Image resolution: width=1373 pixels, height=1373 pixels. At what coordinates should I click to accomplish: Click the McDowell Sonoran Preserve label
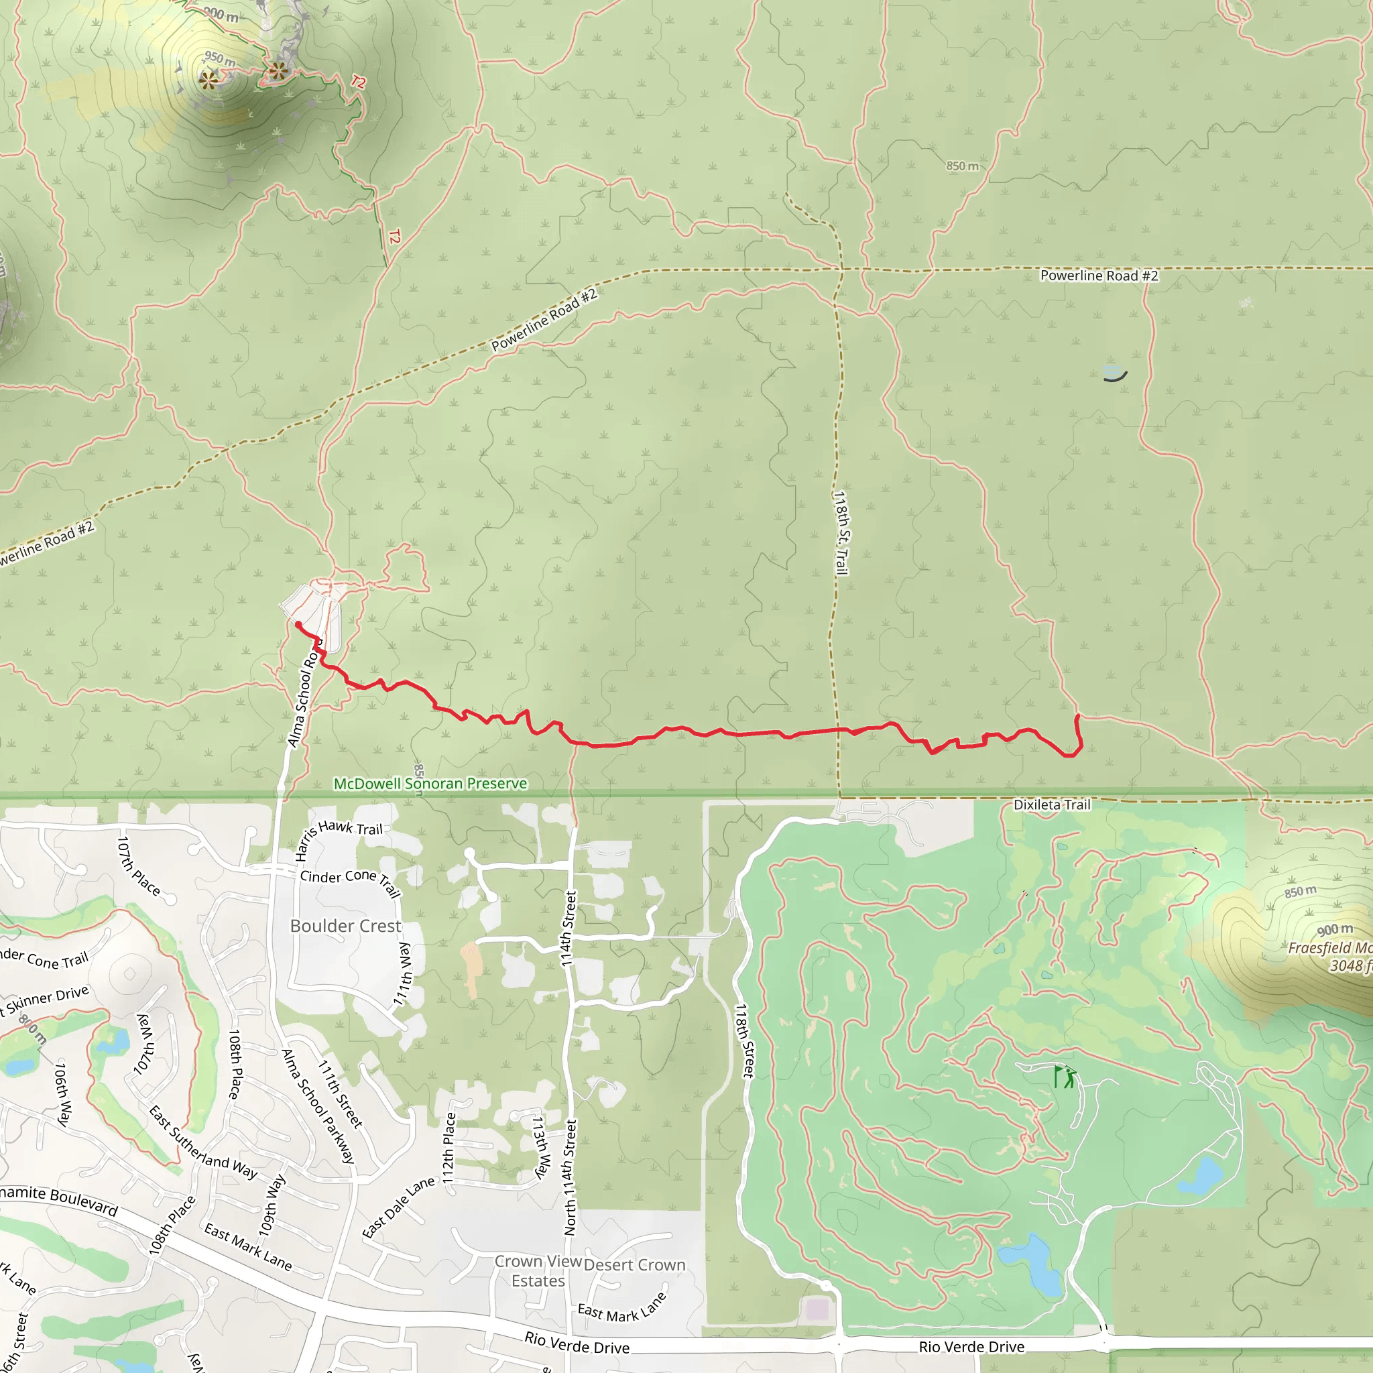pos(430,783)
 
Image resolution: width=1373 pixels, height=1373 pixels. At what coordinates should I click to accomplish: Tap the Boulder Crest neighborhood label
pos(345,926)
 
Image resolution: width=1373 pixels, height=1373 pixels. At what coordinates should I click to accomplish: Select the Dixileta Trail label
pos(1052,804)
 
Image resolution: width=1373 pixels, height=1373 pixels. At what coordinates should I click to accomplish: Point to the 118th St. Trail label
pos(841,533)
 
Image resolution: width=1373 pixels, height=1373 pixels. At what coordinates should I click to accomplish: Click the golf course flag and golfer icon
pos(1065,1077)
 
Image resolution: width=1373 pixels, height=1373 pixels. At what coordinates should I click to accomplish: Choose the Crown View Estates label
pos(538,1271)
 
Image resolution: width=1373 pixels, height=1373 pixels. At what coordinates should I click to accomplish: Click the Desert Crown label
pos(635,1265)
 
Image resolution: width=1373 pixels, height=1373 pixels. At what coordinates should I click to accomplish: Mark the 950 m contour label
pos(220,58)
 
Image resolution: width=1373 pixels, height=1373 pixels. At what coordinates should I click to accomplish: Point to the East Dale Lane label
pos(398,1207)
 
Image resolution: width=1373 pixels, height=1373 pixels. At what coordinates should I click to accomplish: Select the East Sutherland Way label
pos(203,1142)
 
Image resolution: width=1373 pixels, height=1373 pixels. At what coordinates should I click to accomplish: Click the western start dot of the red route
pos(298,625)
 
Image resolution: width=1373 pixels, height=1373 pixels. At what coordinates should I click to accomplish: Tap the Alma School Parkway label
pos(318,1106)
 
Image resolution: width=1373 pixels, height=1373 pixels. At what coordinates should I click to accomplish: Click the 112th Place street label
pos(449,1148)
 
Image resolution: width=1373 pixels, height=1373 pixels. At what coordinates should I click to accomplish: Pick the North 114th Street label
pos(570,1177)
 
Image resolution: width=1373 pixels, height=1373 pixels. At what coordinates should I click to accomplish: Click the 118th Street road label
pos(744,1040)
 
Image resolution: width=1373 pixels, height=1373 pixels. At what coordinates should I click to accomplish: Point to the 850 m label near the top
pos(962,166)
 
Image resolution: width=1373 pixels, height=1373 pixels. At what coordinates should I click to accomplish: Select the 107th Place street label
pos(139,865)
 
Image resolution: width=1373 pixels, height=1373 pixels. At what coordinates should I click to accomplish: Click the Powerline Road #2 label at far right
pos(1099,276)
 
